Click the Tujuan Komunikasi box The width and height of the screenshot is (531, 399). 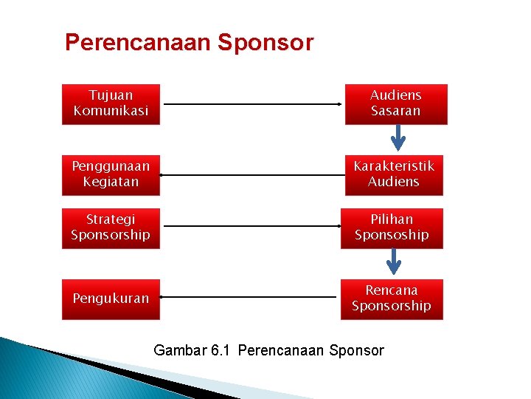[x=111, y=103]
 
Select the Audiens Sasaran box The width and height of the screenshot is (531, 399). [x=395, y=103]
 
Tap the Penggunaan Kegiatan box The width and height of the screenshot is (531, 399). [x=111, y=174]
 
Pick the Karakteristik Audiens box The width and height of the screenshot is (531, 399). [x=394, y=174]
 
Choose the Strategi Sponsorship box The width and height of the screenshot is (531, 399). [x=111, y=228]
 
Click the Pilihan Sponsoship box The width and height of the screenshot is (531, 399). [x=392, y=228]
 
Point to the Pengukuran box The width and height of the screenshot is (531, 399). [x=111, y=299]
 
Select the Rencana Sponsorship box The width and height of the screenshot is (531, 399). [x=392, y=299]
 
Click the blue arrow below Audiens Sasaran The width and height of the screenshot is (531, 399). [x=398, y=137]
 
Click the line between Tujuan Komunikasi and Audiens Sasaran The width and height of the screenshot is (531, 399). [x=252, y=104]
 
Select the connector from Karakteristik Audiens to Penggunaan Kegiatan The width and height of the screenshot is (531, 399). [x=252, y=175]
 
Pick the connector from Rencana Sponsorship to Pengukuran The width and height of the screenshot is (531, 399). [x=249, y=298]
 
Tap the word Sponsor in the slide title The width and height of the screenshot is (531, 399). [x=265, y=43]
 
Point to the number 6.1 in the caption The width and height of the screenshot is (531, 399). [x=221, y=350]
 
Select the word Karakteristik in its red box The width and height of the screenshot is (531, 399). [x=394, y=166]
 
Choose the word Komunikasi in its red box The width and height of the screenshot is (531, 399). [x=111, y=111]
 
